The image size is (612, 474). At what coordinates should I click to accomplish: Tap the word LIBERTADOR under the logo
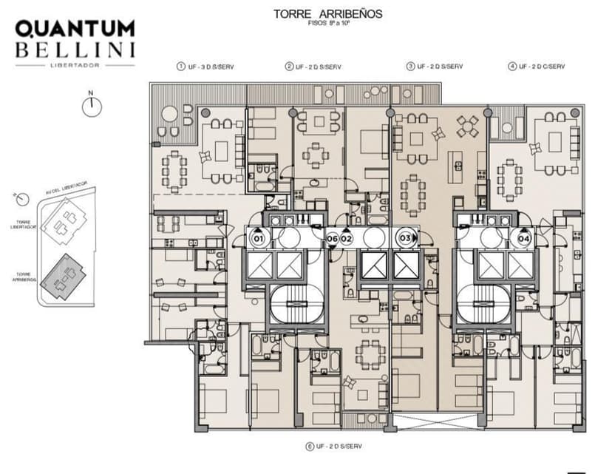75,65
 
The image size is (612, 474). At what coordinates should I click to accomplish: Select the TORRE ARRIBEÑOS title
327,14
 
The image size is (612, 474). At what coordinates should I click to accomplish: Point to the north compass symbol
91,105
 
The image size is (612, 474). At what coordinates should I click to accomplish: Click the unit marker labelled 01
258,239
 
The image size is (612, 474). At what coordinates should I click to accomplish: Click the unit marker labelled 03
405,238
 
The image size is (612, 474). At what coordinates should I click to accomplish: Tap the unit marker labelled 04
523,239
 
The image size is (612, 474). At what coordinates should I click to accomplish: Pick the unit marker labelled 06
332,239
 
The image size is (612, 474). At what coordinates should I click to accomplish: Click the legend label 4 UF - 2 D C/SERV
537,67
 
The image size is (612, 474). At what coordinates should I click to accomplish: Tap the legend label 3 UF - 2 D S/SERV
435,67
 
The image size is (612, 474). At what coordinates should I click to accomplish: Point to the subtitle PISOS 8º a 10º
327,24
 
